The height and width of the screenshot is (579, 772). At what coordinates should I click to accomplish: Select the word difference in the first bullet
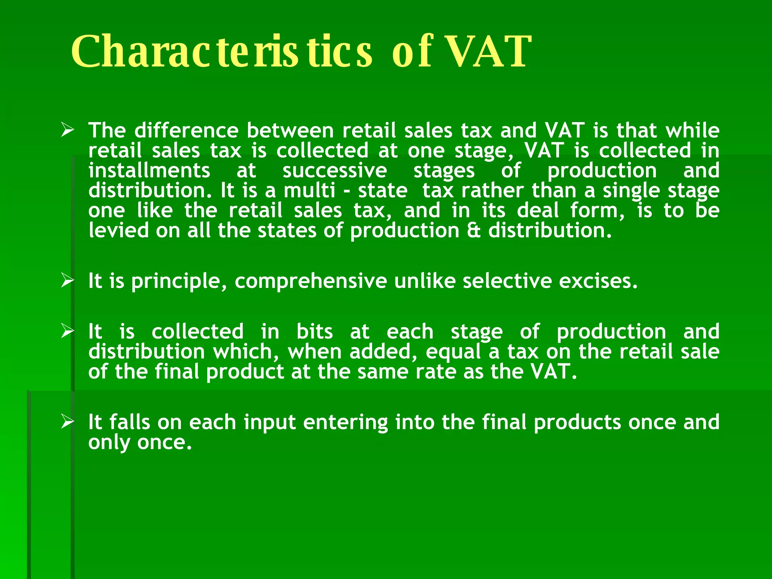coord(186,130)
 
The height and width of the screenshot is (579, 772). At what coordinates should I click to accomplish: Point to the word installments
coord(149,170)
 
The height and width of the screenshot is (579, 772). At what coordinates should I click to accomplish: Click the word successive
coord(335,170)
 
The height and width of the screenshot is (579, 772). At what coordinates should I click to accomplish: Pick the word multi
coord(309,190)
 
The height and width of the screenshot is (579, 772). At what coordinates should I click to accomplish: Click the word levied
coord(119,230)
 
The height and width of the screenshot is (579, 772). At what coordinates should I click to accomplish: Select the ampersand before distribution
coord(474,230)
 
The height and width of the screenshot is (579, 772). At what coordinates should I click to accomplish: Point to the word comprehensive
coord(311,281)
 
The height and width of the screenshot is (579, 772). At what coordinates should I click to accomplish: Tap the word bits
coord(314,332)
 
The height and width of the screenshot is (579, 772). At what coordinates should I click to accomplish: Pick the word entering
coord(345,422)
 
